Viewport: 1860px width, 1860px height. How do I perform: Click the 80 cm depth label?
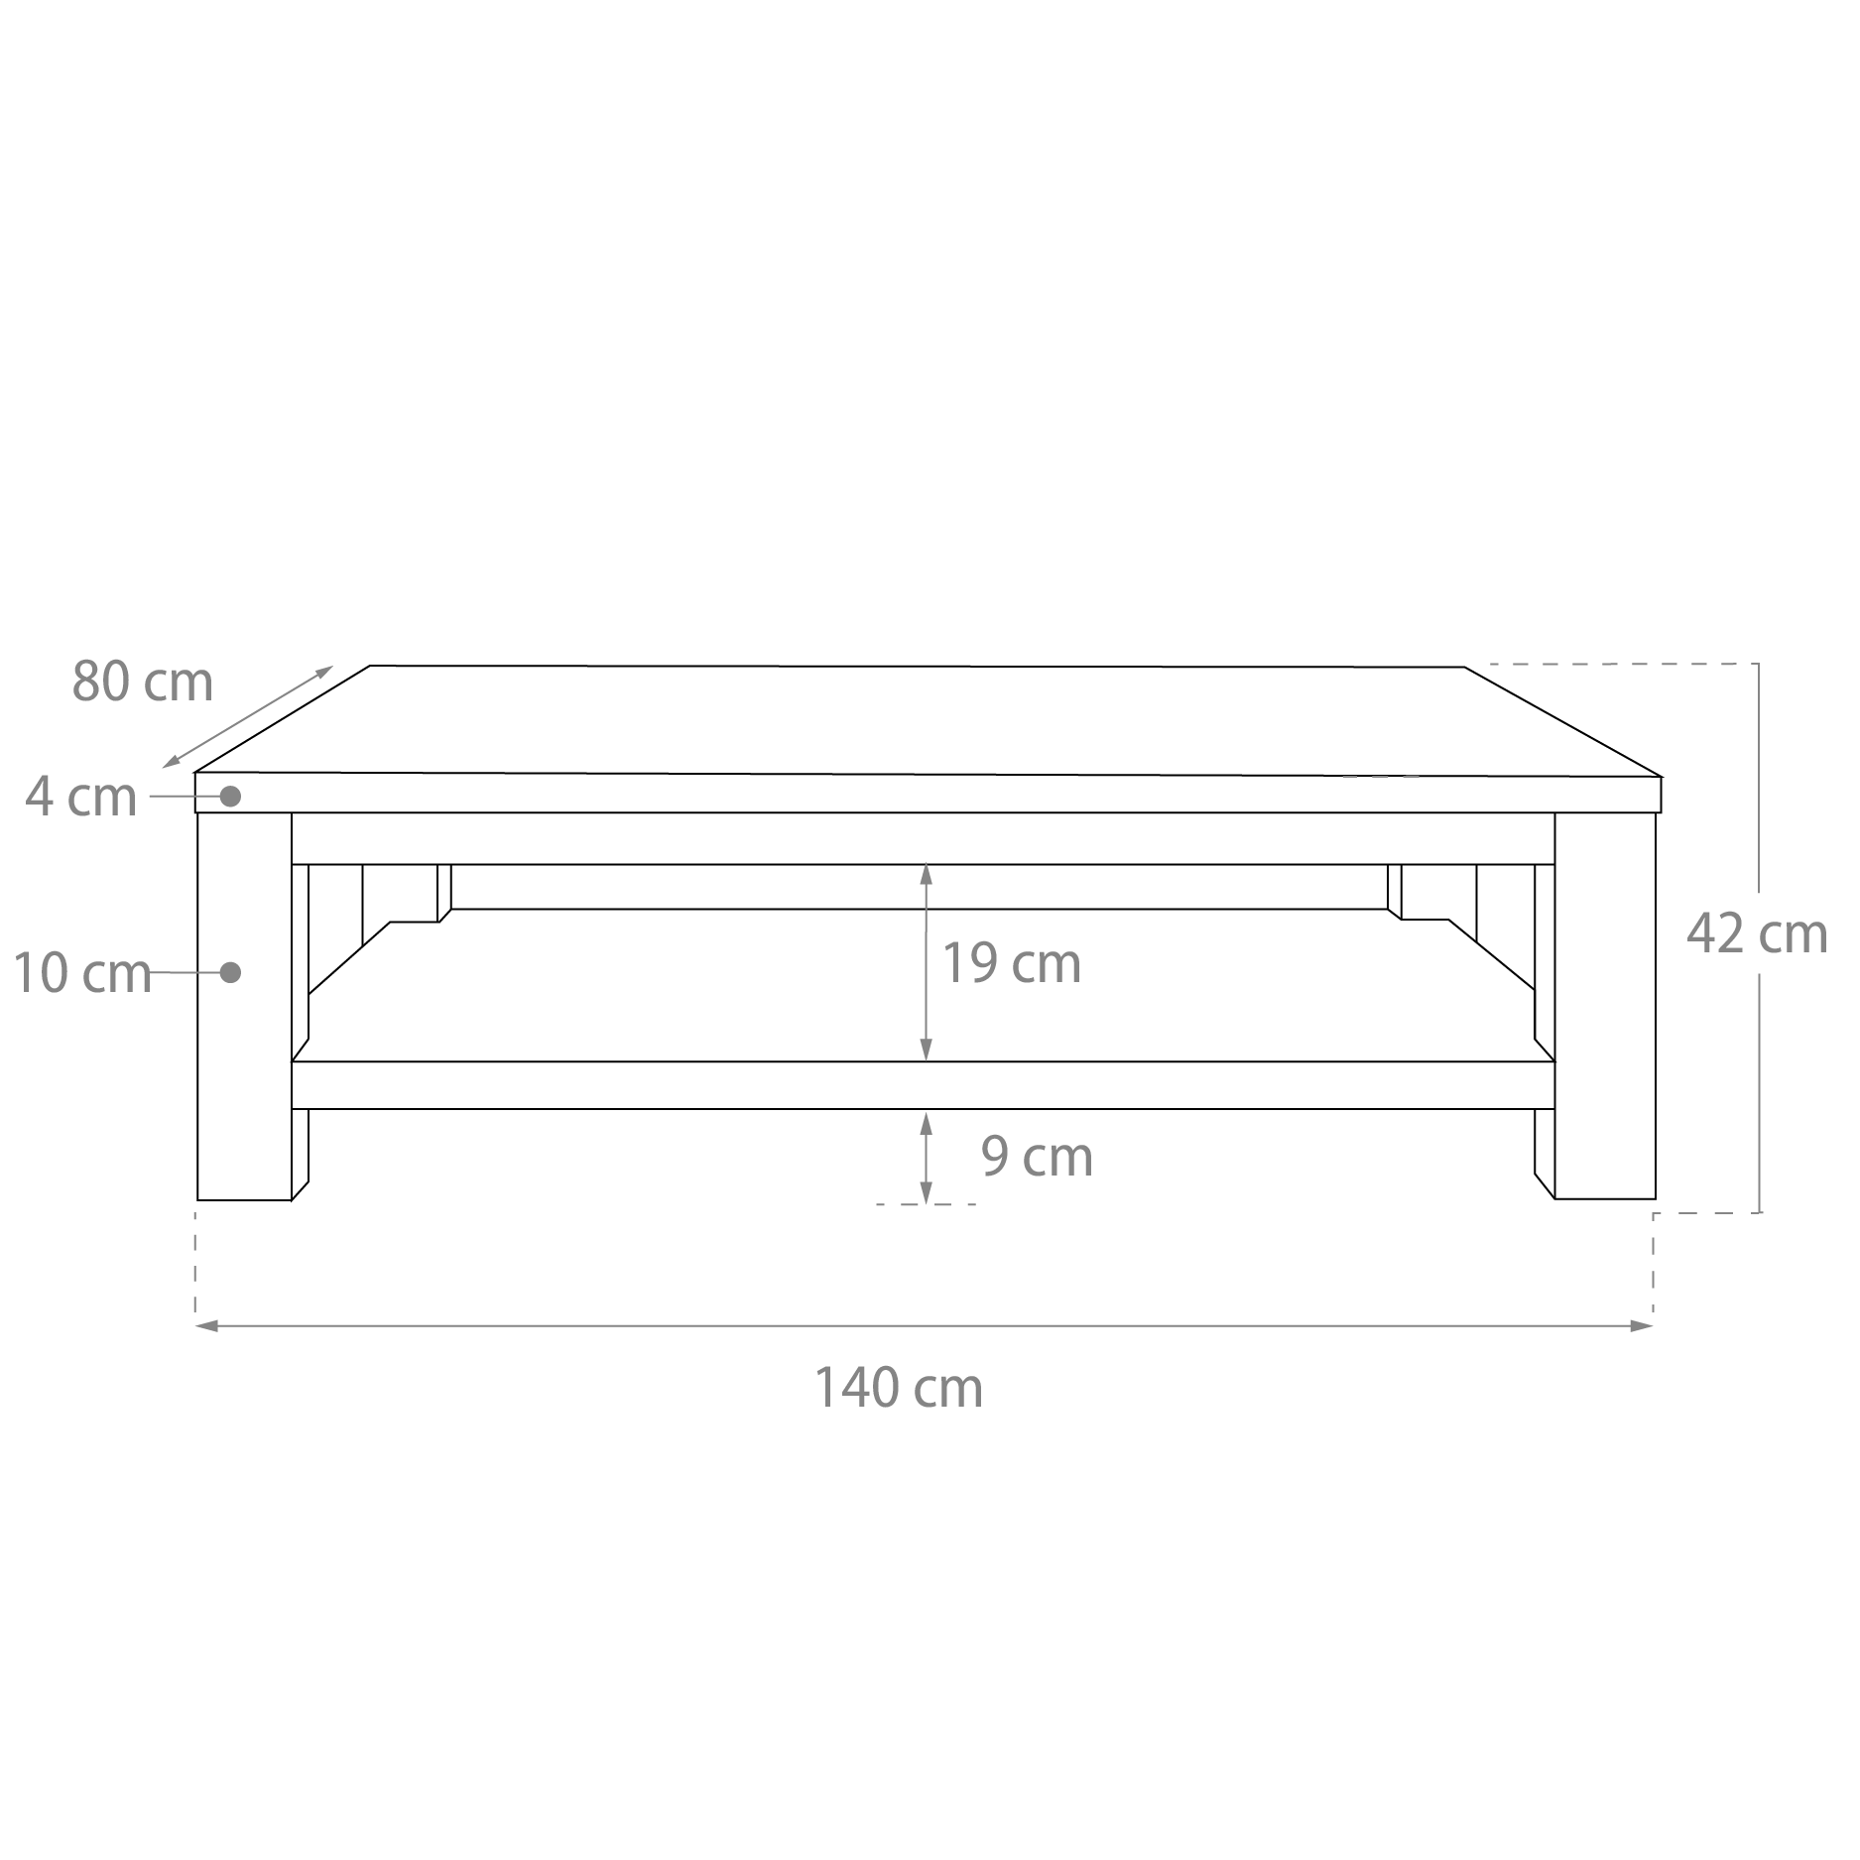click(x=143, y=682)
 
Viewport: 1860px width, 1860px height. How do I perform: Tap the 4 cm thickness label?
click(x=81, y=797)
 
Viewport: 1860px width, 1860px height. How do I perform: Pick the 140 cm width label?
click(x=899, y=1388)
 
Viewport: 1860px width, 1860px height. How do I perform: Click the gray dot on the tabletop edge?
click(x=231, y=796)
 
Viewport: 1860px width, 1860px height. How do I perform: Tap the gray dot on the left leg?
click(x=231, y=972)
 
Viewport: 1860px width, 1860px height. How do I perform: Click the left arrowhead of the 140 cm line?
click(x=205, y=1325)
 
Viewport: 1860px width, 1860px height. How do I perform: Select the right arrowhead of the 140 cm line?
click(x=1643, y=1325)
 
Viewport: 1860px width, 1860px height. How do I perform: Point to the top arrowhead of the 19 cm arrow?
click(x=926, y=873)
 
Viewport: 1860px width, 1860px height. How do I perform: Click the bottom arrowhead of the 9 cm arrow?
click(x=926, y=1192)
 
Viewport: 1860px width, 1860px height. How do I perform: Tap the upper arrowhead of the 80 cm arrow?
click(x=324, y=672)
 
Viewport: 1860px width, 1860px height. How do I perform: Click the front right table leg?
click(x=1605, y=1006)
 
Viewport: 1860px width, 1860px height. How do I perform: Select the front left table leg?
click(x=244, y=1006)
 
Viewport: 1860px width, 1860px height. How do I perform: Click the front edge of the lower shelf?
click(x=923, y=1085)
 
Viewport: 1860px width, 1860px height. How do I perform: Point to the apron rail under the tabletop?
click(x=923, y=838)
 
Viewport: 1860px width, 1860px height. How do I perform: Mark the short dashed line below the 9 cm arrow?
click(x=926, y=1204)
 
